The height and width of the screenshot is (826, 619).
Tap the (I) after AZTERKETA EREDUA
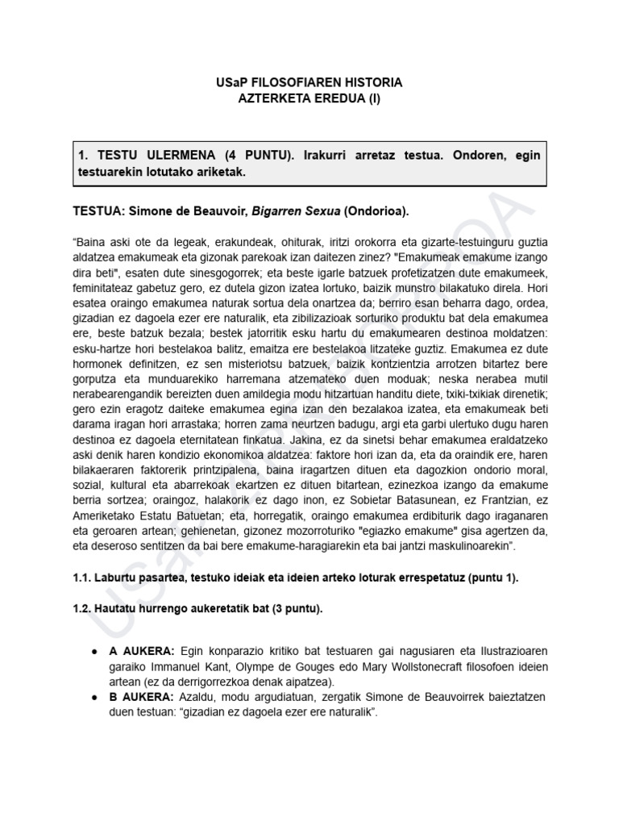(368, 98)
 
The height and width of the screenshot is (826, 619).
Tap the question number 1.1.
(83, 578)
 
